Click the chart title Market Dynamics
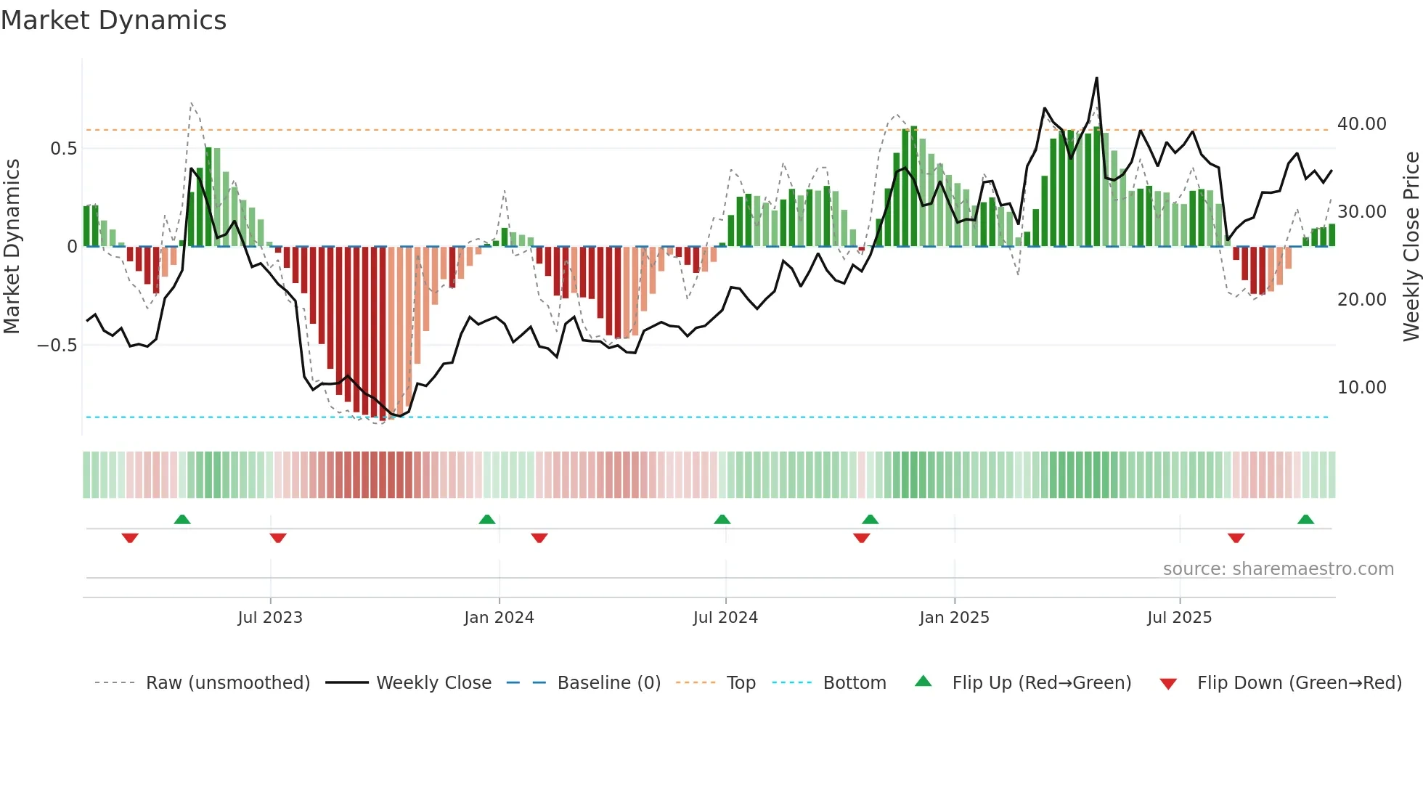[113, 20]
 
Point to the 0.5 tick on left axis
[63, 149]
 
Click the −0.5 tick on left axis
[57, 346]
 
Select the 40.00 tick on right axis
[1361, 124]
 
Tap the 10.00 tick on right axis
[1361, 388]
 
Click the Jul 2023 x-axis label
[269, 618]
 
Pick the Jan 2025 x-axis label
[953, 618]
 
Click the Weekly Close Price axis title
[1411, 247]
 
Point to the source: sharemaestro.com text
[1278, 569]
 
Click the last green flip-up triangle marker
[1305, 520]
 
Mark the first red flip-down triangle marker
[130, 538]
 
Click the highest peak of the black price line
[1096, 78]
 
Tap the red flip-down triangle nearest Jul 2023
[278, 538]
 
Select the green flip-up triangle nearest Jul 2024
[722, 520]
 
